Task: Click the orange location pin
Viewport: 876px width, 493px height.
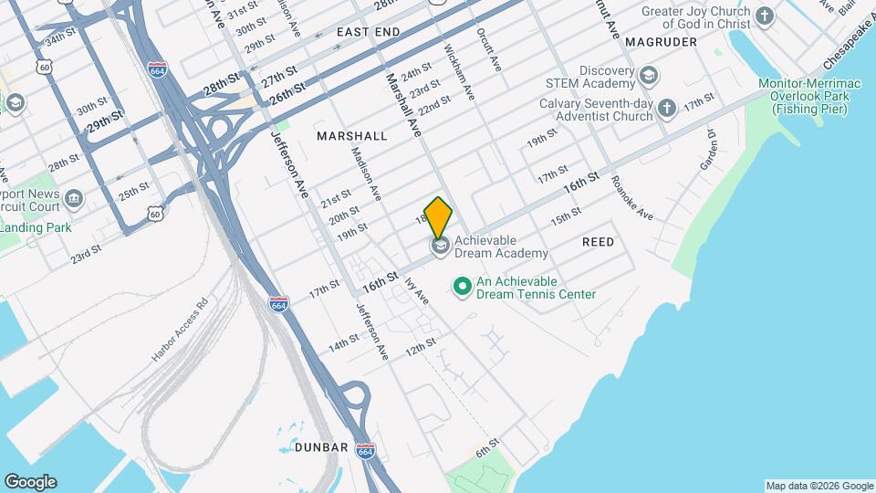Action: click(x=439, y=217)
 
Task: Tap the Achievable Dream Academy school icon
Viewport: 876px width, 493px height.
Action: click(x=441, y=246)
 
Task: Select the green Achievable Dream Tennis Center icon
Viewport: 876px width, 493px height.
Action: click(x=463, y=288)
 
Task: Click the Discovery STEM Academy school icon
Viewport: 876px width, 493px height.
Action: click(x=650, y=75)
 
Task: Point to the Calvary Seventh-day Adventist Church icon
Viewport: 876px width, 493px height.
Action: click(x=668, y=109)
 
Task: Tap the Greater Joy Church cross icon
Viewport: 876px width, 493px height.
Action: click(x=765, y=16)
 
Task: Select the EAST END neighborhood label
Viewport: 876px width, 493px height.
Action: click(x=368, y=32)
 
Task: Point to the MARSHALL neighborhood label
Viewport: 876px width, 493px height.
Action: click(x=351, y=135)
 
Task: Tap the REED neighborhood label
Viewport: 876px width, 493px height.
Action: click(x=598, y=242)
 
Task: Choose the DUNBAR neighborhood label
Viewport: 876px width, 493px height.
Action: click(x=321, y=447)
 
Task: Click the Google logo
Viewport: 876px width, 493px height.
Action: click(x=30, y=482)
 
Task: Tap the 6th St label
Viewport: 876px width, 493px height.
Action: click(x=488, y=450)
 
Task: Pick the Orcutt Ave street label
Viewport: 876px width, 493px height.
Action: click(x=489, y=49)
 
